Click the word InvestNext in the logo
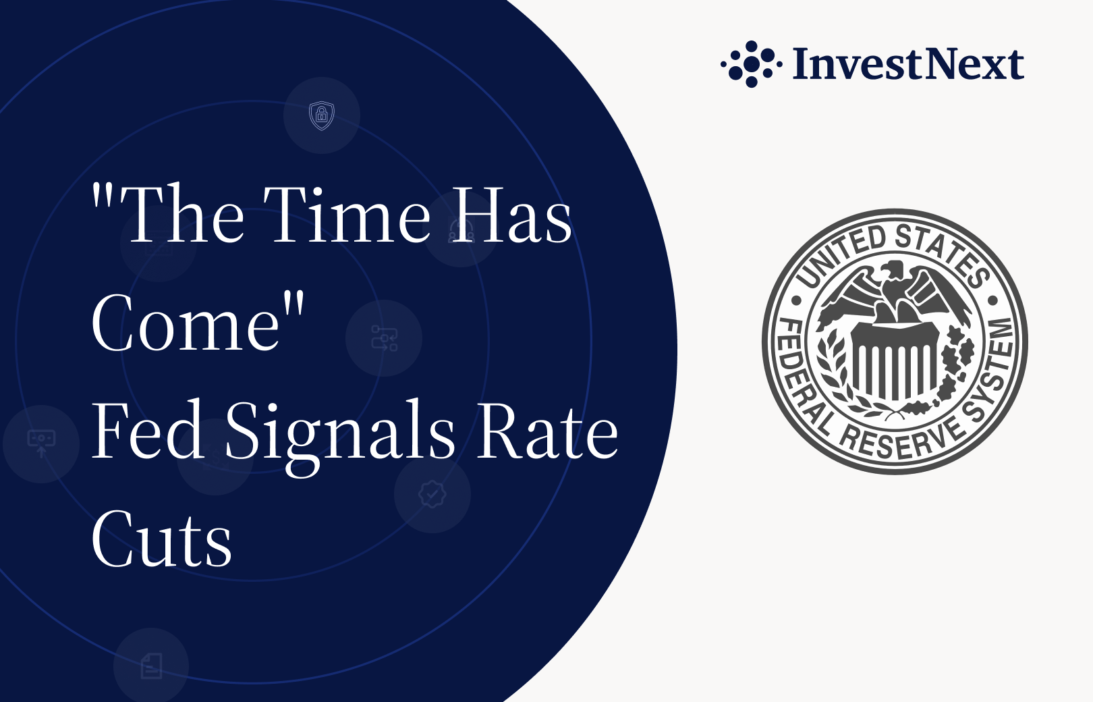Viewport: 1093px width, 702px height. [x=908, y=63]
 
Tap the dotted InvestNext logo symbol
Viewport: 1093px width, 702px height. [x=752, y=64]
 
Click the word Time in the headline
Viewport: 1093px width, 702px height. [x=347, y=214]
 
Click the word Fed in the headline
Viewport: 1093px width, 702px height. [x=148, y=430]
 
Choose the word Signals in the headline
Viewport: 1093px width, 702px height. [x=340, y=437]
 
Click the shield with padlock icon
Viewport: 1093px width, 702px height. [x=322, y=115]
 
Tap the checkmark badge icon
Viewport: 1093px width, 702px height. [x=432, y=494]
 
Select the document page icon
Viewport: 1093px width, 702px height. [x=151, y=666]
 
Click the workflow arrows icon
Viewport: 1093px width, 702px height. [x=385, y=338]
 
